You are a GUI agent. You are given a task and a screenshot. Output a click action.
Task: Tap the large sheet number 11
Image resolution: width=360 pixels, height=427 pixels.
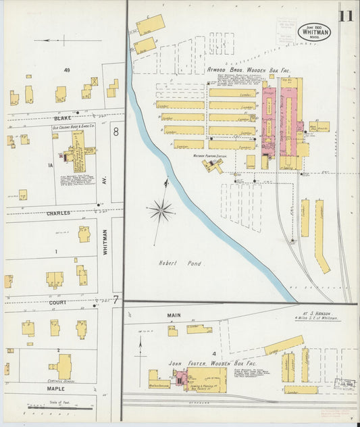346,14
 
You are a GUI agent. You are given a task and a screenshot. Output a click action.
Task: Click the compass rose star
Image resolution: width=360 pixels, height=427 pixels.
161,211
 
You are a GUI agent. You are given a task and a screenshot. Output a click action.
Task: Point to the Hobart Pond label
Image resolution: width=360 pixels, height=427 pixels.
172,263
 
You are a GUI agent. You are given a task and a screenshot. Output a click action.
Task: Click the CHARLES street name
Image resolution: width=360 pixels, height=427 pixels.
58,213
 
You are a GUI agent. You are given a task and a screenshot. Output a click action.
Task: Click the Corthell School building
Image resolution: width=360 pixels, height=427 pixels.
64,368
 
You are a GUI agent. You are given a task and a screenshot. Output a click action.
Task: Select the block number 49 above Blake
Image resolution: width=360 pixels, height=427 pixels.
67,70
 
